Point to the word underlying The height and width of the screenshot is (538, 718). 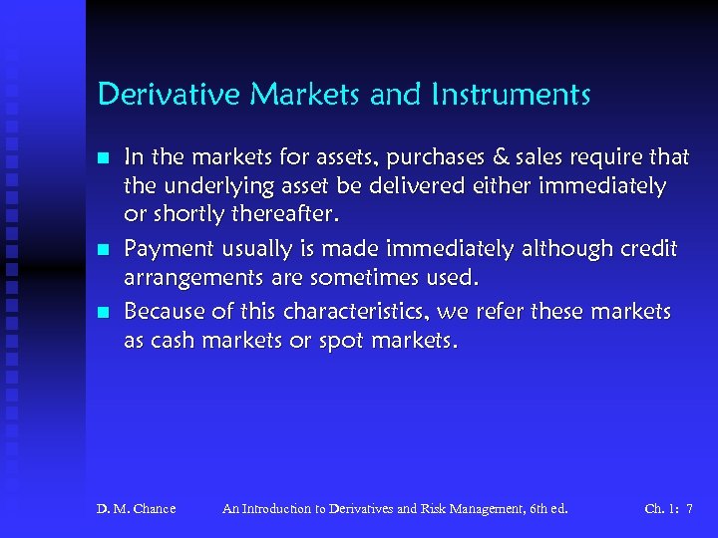(211, 186)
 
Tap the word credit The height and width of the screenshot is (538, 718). (648, 249)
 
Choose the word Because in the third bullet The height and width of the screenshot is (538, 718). (162, 313)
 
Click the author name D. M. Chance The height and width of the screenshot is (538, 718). (136, 509)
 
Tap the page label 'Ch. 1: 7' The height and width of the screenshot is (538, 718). (668, 509)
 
